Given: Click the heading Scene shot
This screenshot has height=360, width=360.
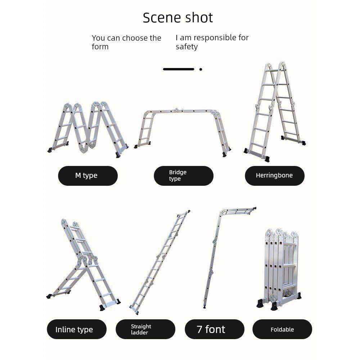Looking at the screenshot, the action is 178,18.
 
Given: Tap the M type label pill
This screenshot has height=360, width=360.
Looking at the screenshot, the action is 88,176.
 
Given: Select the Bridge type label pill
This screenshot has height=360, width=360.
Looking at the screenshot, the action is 184,176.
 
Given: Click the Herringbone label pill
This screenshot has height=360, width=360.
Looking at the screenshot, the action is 275,176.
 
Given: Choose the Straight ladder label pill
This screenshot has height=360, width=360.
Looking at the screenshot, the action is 145,329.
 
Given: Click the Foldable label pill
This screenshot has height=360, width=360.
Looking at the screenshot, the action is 282,329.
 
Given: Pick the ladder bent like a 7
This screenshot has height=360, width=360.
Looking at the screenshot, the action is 219,252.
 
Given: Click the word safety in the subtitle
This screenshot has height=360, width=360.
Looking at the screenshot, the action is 186,47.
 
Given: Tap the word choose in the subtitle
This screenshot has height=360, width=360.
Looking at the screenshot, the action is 135,38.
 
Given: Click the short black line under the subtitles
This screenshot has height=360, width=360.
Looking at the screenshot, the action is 179,69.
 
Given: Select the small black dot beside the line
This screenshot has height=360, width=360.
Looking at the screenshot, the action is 201,69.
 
